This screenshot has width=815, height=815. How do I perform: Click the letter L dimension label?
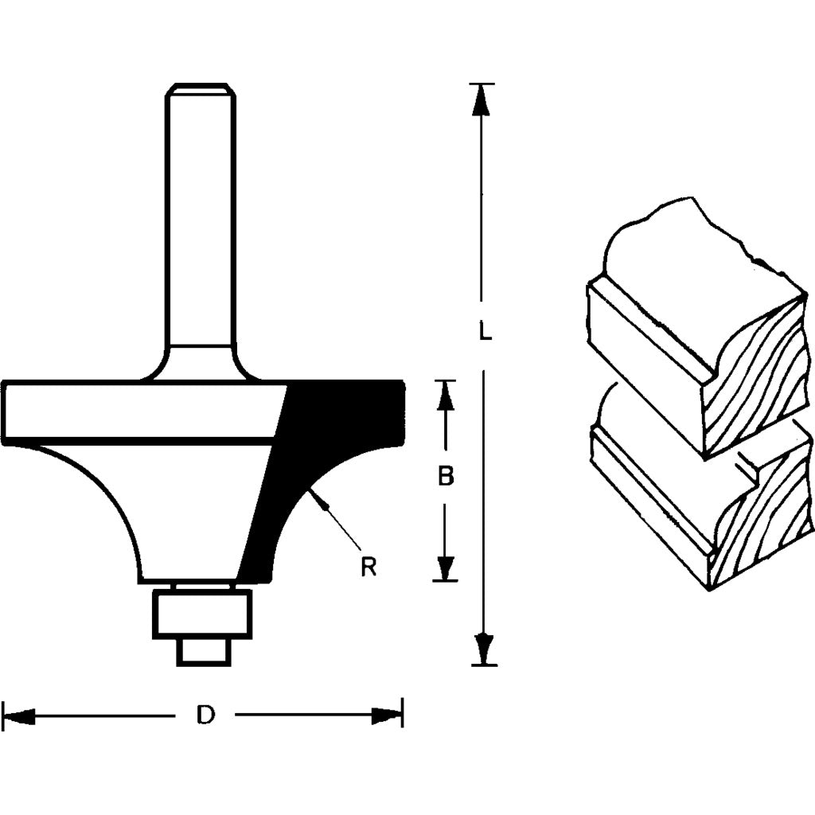click(x=483, y=330)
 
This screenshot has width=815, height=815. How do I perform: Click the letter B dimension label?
click(x=446, y=477)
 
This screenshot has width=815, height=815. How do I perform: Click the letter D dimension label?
click(x=205, y=716)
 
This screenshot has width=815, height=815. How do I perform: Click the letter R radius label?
click(x=368, y=567)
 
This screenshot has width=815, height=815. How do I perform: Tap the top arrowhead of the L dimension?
click(x=480, y=99)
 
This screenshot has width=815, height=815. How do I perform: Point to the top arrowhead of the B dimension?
click(x=446, y=396)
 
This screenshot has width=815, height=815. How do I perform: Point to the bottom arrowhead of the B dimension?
click(x=446, y=566)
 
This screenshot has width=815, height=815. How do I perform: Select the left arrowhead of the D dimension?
click(x=20, y=716)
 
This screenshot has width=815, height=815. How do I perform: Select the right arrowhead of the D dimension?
click(x=387, y=716)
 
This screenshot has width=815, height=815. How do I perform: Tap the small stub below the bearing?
click(x=201, y=652)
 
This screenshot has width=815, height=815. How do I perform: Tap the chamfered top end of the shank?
click(x=200, y=89)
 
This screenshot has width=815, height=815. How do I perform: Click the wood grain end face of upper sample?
click(x=756, y=374)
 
